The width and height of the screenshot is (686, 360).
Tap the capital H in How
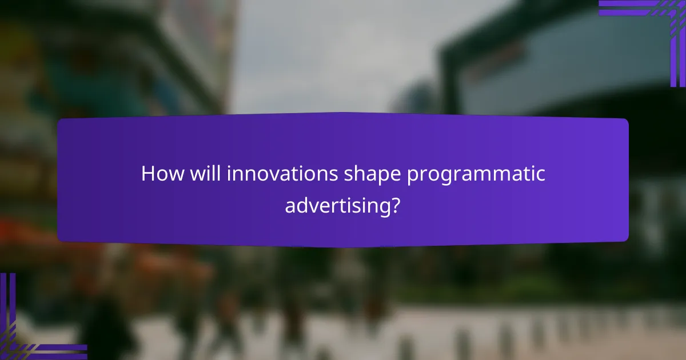click(x=148, y=174)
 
